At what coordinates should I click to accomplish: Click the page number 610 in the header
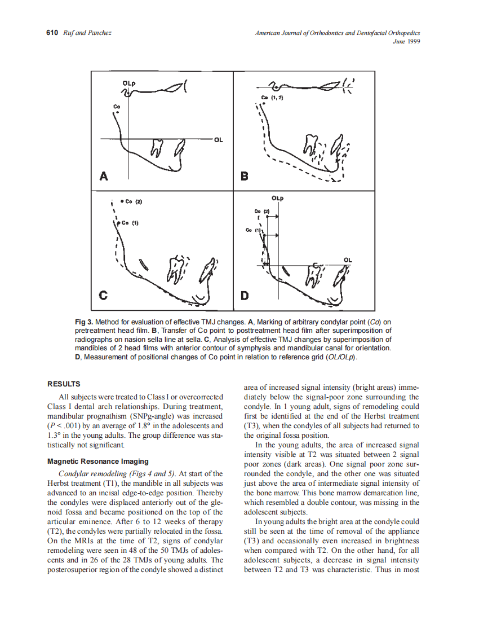[51, 33]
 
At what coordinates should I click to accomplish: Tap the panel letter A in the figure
[104, 177]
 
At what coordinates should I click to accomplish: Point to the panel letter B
[244, 177]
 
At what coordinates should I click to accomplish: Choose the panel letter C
[104, 294]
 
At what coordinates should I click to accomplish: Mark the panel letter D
[244, 294]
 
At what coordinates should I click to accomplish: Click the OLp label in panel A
[129, 84]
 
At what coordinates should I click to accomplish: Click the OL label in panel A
[218, 139]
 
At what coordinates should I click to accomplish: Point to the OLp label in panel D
[277, 199]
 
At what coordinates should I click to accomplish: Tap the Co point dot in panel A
[117, 112]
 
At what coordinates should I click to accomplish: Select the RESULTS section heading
[64, 384]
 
